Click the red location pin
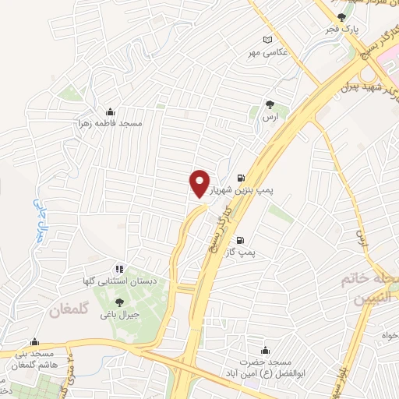tap(199, 183)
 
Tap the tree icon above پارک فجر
tap(341, 17)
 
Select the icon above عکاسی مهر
tap(269, 40)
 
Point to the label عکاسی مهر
tap(268, 52)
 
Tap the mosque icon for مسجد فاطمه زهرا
tap(110, 111)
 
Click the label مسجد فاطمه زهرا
tap(108, 123)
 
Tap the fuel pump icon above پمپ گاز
tap(239, 239)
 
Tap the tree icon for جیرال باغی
tap(118, 302)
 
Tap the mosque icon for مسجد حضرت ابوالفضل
tap(269, 351)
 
